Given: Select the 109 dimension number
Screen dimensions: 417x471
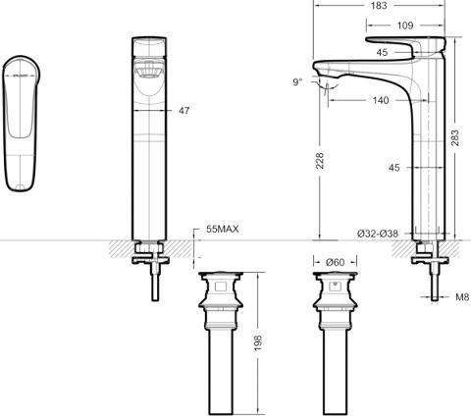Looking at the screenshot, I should click(x=403, y=24).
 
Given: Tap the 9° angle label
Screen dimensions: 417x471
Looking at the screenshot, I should click(x=297, y=82).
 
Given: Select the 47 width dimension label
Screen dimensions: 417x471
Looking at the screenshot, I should click(x=183, y=112).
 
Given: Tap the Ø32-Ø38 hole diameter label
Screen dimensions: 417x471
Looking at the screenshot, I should click(x=379, y=234).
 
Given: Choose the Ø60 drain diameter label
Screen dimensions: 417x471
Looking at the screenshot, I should click(x=334, y=261).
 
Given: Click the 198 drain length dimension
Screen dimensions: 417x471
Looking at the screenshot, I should click(x=258, y=342).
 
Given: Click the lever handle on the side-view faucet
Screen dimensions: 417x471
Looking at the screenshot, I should click(x=404, y=48).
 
